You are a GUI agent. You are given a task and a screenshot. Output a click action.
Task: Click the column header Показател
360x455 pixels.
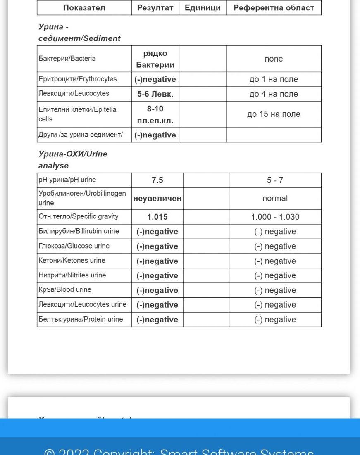coord(84,8)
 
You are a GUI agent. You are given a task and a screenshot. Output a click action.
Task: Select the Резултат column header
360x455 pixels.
coord(155,8)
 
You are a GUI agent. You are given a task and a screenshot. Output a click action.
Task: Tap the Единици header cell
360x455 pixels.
coord(203,8)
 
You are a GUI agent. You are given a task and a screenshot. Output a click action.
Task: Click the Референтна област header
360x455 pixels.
coord(274,8)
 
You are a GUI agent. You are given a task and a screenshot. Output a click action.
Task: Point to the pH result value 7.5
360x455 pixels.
coord(157,180)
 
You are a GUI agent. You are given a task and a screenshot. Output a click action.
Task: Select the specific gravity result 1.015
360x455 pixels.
coord(157,217)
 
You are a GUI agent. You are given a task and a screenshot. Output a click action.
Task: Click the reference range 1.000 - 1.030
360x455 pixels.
coord(275,217)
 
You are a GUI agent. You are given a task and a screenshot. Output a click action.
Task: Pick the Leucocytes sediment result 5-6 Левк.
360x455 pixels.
coord(155,94)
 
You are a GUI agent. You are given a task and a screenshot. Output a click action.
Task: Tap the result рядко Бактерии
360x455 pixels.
coord(155,59)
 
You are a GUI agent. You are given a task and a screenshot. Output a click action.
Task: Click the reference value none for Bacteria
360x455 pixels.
coord(274,59)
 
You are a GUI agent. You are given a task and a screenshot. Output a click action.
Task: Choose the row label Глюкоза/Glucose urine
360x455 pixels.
coord(74,246)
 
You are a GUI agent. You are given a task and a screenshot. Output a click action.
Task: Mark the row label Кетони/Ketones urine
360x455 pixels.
coord(72,261)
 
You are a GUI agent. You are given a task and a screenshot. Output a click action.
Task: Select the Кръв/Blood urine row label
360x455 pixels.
coord(65,290)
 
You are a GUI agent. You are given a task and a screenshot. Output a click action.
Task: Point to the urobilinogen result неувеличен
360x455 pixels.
coord(157,199)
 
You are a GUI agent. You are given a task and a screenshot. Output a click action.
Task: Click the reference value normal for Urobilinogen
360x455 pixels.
coord(275,199)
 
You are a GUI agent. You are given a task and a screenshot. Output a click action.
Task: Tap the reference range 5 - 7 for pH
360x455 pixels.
coord(275,180)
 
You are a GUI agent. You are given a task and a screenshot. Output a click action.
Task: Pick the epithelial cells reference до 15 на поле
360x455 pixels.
coord(274,114)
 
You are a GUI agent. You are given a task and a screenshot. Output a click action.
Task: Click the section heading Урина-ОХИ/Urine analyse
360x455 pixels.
coord(73,160)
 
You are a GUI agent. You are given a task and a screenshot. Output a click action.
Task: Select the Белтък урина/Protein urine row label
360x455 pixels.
coord(81,319)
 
